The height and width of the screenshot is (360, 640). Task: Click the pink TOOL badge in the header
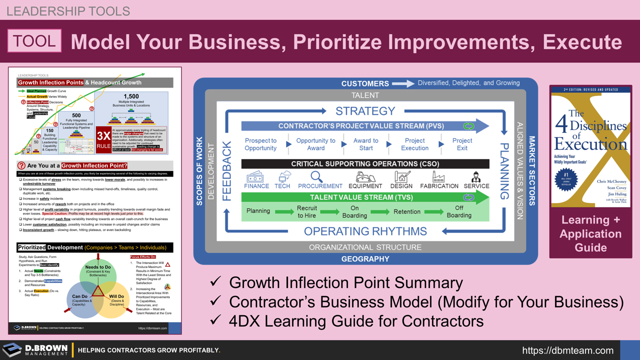34,41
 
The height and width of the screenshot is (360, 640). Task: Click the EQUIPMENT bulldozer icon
365,177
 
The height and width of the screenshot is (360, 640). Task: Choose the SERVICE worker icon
476,177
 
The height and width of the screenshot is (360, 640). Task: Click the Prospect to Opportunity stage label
260,144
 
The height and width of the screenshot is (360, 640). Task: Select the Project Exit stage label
462,144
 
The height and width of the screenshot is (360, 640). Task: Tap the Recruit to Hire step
306,211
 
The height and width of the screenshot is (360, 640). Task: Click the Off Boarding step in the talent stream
459,211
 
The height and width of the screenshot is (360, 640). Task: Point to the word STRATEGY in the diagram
365,111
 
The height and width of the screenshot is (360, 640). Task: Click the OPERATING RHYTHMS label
365,231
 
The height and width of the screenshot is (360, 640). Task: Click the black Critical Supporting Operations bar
365,163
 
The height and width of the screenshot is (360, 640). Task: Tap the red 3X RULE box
103,140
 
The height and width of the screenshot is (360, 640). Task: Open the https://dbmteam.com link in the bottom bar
567,350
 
